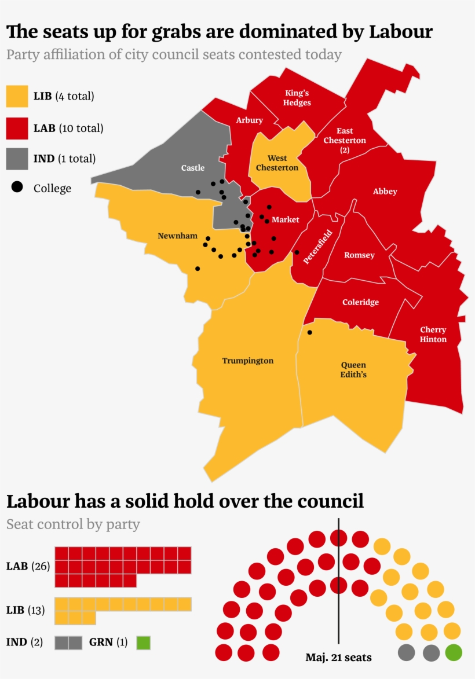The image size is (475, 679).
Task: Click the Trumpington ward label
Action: (x=247, y=361)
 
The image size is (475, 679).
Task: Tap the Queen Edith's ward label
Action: (x=353, y=369)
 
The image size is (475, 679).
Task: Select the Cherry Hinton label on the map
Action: (x=433, y=335)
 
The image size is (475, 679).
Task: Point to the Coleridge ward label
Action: (x=360, y=302)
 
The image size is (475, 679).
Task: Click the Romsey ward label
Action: (x=359, y=255)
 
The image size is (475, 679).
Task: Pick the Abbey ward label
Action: (x=385, y=192)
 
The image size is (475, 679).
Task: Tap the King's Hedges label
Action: (x=298, y=98)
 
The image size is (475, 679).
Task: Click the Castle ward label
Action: (x=193, y=168)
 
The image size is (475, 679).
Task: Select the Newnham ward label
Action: (x=177, y=236)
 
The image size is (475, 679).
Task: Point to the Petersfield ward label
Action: (x=317, y=247)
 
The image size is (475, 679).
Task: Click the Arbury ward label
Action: (x=249, y=120)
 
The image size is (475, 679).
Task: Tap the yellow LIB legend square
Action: (x=17, y=96)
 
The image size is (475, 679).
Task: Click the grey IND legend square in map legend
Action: (x=17, y=159)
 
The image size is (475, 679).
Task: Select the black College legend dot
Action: (x=18, y=188)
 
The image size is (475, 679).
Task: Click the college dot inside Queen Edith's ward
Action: (x=309, y=332)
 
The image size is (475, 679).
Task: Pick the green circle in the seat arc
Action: (x=454, y=653)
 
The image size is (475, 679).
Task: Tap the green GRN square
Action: (x=143, y=643)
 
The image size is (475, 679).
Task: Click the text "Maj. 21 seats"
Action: (x=338, y=658)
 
